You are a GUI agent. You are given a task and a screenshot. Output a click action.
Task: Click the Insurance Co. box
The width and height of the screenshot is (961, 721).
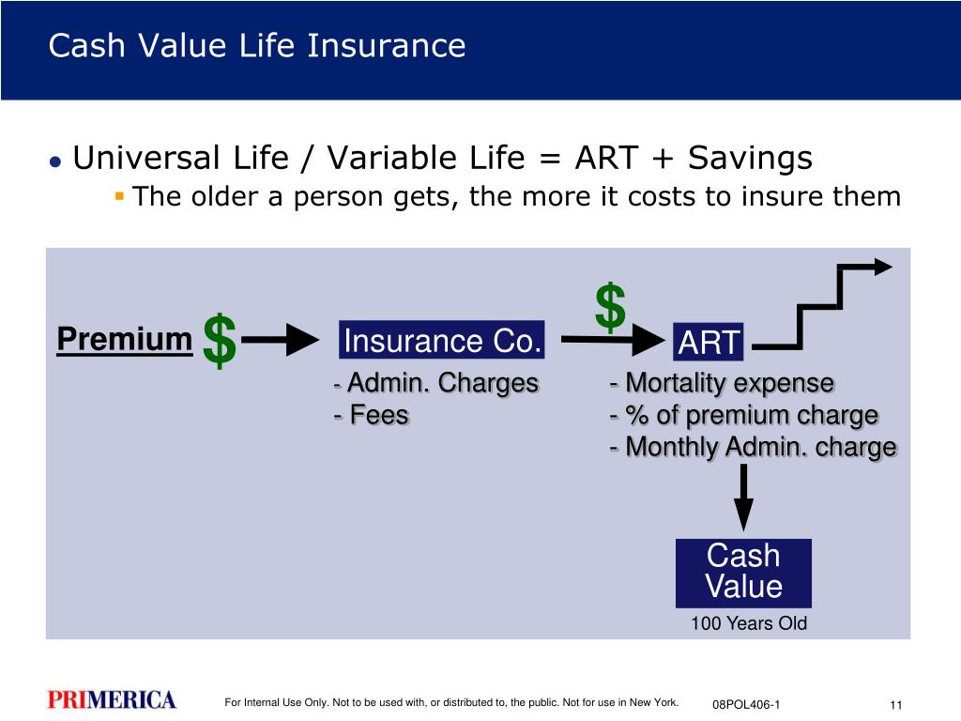[441, 340]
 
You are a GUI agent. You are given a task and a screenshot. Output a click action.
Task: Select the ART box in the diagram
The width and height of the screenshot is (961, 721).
[708, 342]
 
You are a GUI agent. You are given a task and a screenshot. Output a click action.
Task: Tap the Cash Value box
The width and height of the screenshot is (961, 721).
[743, 574]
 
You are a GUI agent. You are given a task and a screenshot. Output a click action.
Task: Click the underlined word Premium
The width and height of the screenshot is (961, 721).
[125, 339]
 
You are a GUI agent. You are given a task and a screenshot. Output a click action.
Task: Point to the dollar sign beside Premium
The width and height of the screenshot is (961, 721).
[220, 341]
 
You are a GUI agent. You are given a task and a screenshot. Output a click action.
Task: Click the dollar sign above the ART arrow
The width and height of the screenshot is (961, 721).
[610, 307]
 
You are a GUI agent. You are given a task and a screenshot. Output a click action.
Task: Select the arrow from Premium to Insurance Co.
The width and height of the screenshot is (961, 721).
[280, 340]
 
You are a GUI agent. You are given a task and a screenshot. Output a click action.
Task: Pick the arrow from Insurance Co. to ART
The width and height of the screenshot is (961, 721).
[613, 339]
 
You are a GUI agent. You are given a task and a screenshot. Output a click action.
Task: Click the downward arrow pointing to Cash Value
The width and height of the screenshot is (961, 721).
[743, 498]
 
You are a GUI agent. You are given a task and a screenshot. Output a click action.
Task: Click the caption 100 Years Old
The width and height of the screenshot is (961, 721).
[748, 623]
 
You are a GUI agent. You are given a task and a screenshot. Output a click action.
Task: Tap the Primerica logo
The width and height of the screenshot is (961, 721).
[112, 699]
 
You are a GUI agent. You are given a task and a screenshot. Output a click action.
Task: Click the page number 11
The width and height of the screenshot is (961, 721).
[896, 705]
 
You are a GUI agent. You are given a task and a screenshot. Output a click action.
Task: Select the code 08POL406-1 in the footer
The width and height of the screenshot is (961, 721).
[746, 705]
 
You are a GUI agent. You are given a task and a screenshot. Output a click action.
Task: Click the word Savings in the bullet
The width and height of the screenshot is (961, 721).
[750, 158]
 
